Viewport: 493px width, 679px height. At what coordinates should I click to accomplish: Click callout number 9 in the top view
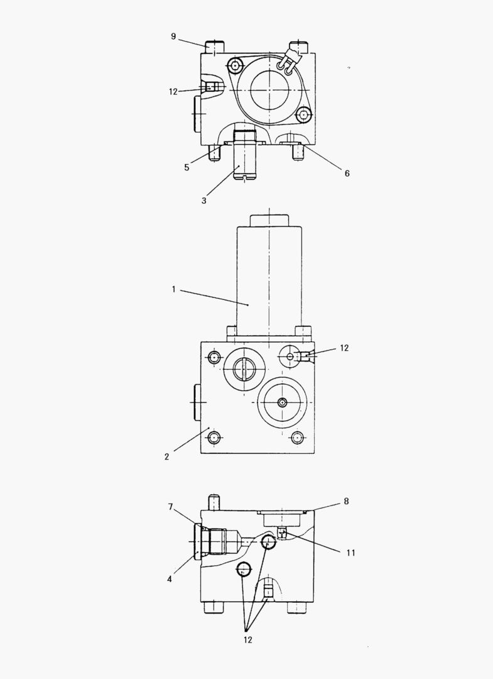pyautogui.click(x=173, y=36)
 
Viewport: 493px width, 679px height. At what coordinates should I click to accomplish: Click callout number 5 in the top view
pyautogui.click(x=187, y=167)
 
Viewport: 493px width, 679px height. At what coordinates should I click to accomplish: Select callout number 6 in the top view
pyautogui.click(x=347, y=174)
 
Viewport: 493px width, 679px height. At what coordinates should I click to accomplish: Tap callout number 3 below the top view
pyautogui.click(x=203, y=201)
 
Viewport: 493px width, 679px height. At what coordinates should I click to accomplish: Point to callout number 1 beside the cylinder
pyautogui.click(x=174, y=289)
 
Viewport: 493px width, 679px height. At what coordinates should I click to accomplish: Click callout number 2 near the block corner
pyautogui.click(x=166, y=456)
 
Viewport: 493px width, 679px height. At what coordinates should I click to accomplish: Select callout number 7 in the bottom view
pyautogui.click(x=170, y=507)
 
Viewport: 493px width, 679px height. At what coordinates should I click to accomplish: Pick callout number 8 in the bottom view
pyautogui.click(x=346, y=501)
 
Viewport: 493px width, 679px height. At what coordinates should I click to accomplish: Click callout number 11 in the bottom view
pyautogui.click(x=350, y=553)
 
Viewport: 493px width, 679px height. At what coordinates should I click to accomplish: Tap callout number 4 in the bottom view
pyautogui.click(x=170, y=579)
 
